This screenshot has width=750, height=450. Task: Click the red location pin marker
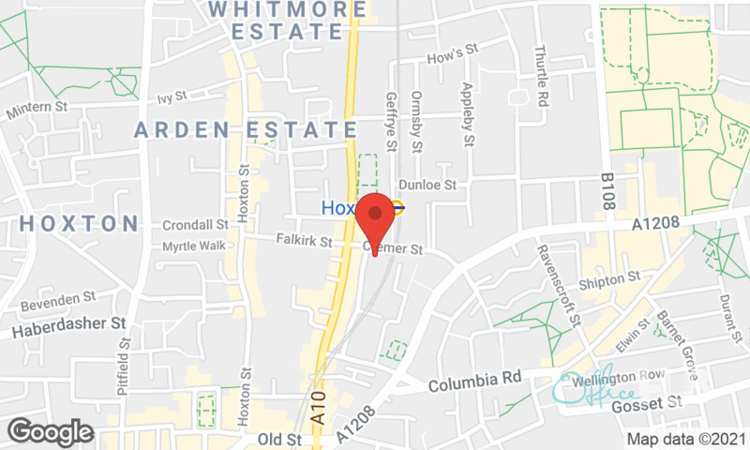(375, 218)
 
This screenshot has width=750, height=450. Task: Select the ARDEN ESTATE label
(246, 129)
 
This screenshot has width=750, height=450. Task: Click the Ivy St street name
(173, 97)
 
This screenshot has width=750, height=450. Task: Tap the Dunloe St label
(427, 186)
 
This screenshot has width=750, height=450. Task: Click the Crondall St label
(195, 225)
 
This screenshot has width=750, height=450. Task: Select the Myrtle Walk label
(194, 246)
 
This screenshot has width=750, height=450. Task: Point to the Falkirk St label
(305, 241)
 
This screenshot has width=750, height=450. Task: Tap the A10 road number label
(321, 409)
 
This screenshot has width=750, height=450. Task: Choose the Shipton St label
(609, 278)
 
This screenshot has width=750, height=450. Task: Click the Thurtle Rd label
(542, 75)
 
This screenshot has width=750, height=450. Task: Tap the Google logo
(51, 431)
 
